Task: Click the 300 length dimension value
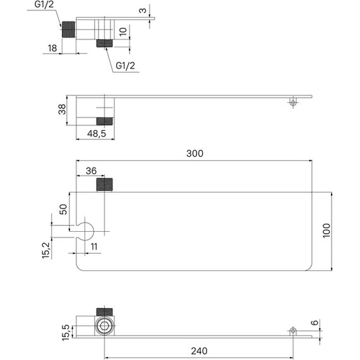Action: click(195, 153)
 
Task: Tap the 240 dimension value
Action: click(199, 351)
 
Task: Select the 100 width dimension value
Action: click(327, 231)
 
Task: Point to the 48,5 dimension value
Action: click(97, 133)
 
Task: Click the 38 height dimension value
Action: click(62, 109)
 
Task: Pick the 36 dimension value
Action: click(91, 171)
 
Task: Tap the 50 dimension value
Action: click(63, 209)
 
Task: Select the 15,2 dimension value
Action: click(46, 250)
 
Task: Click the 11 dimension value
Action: click(94, 246)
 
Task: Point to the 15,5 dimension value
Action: click(66, 332)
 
